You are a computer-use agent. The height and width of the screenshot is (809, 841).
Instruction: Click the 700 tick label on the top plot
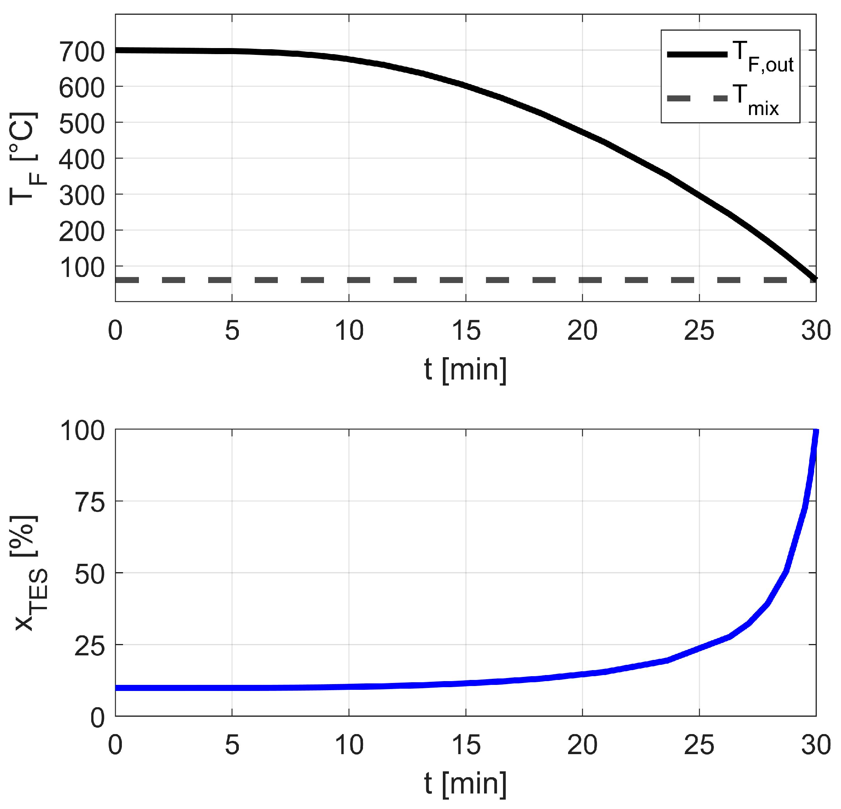pyautogui.click(x=81, y=52)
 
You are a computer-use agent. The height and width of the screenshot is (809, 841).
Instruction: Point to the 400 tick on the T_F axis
pyautogui.click(x=81, y=160)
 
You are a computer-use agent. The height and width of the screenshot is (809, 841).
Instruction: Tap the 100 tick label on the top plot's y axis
pyautogui.click(x=81, y=268)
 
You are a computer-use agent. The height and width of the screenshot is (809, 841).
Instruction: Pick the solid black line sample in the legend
pyautogui.click(x=697, y=54)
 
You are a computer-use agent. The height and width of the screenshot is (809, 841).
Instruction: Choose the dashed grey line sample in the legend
pyautogui.click(x=697, y=99)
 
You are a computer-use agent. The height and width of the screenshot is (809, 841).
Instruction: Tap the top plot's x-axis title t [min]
pyautogui.click(x=465, y=370)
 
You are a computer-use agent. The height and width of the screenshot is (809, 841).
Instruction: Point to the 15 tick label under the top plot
pyautogui.click(x=466, y=331)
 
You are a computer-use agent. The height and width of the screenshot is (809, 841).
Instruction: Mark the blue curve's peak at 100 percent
pyautogui.click(x=815, y=431)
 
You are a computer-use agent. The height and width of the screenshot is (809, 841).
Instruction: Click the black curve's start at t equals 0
pyautogui.click(x=116, y=50)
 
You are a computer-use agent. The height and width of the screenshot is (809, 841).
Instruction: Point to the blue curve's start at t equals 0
pyautogui.click(x=116, y=688)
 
